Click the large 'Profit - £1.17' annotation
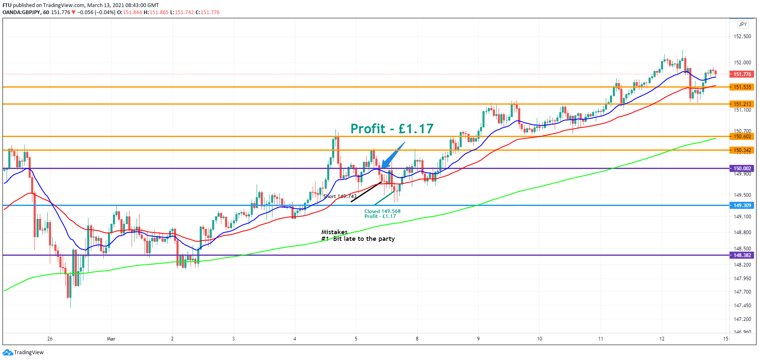[x=392, y=129]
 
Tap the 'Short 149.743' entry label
[x=340, y=196]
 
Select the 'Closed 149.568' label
[x=382, y=211]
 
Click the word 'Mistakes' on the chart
[x=334, y=232]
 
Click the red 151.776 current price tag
[x=742, y=74]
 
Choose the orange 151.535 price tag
[x=742, y=87]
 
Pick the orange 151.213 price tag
[x=742, y=104]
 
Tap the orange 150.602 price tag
[x=742, y=137]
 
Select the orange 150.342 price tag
[x=742, y=150]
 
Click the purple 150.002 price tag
[x=742, y=169]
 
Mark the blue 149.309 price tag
[x=742, y=206]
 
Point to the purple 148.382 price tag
[x=742, y=255]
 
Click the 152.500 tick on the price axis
[x=742, y=37]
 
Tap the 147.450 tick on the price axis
[x=742, y=306]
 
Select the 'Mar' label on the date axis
[x=111, y=339]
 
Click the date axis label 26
[x=50, y=339]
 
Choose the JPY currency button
[x=743, y=24]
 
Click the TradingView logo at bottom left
[x=23, y=353]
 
